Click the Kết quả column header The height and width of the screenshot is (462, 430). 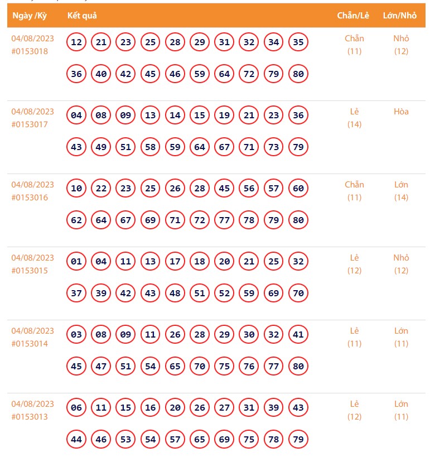(82, 16)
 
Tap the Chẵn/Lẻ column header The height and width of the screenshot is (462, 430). (353, 16)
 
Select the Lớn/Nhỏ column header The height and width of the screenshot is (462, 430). (400, 16)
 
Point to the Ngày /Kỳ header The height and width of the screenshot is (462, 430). (30, 16)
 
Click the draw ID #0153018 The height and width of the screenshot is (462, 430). (30, 51)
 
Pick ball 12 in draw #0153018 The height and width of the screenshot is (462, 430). (77, 42)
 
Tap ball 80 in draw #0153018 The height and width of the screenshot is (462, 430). (298, 74)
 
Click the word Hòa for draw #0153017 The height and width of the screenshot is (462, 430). (401, 112)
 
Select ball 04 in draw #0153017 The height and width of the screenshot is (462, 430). (77, 116)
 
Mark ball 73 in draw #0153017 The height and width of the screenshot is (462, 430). (274, 147)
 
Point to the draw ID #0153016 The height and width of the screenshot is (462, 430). (30, 198)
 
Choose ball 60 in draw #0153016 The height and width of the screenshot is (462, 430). (298, 189)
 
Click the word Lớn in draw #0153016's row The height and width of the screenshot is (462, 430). (401, 185)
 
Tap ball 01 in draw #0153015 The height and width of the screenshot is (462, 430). (77, 262)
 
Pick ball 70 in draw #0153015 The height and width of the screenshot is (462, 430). (298, 293)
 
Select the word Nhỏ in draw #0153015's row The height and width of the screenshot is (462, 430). (401, 258)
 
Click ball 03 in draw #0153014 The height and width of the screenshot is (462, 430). (77, 335)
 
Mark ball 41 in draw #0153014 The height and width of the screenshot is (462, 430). (298, 335)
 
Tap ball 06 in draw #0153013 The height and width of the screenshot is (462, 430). (77, 408)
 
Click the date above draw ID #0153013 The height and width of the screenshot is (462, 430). (33, 404)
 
